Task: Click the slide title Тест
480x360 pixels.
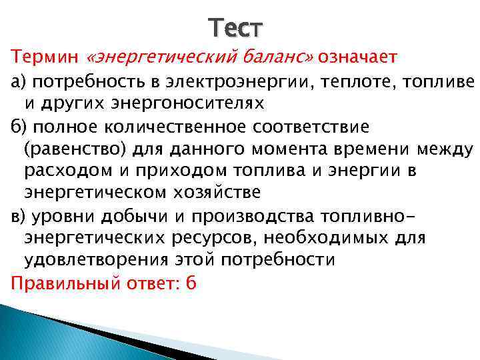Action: [x=235, y=28]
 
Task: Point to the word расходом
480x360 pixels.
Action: [x=58, y=170]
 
